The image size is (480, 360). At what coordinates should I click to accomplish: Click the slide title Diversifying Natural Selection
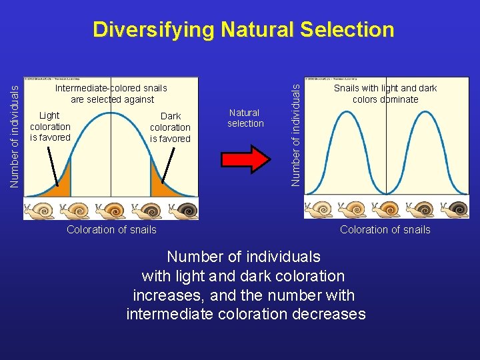(x=243, y=30)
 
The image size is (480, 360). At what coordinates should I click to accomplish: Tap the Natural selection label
(x=245, y=118)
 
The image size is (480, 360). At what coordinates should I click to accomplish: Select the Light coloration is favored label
(x=50, y=127)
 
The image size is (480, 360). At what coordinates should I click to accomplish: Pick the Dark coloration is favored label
(x=170, y=127)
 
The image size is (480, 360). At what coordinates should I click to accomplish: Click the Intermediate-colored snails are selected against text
(x=111, y=94)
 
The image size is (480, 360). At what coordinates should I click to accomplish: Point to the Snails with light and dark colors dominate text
(x=385, y=94)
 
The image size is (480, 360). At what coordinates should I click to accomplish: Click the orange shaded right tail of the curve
(x=163, y=187)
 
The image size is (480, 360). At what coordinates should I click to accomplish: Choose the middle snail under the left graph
(x=111, y=210)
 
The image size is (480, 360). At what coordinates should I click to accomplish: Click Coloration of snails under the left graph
(x=111, y=230)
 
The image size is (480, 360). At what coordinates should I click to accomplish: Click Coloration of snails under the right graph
(x=385, y=230)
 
